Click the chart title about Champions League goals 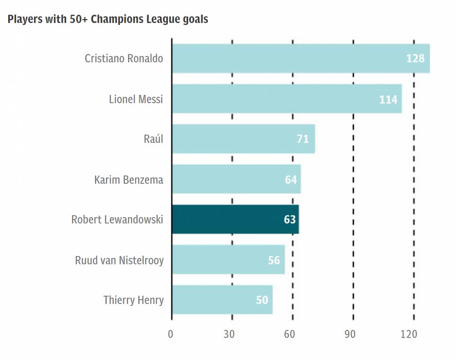tap(108, 20)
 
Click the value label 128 tap(415, 58)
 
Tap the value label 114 tap(388, 99)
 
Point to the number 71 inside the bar tap(303, 139)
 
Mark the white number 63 tap(290, 219)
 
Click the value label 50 tap(262, 300)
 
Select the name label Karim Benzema tap(129, 179)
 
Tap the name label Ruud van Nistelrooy tap(119, 260)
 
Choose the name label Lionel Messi tap(136, 99)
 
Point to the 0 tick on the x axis tap(171, 334)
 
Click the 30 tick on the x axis tap(229, 334)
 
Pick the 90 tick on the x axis tap(350, 334)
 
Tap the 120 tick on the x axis tap(409, 334)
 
